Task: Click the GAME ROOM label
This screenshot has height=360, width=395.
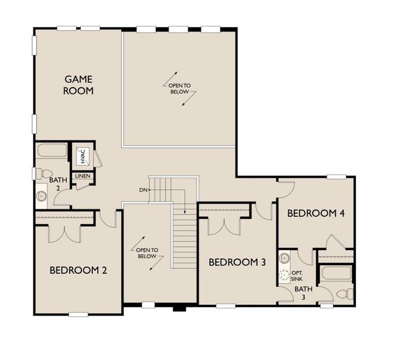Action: (79, 85)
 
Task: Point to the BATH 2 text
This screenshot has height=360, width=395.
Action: (58, 184)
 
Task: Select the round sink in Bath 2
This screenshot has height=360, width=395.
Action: (42, 196)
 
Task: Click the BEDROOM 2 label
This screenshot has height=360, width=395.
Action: (78, 271)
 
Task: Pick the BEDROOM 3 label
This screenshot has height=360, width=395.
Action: (237, 262)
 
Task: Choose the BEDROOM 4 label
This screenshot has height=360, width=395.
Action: (315, 214)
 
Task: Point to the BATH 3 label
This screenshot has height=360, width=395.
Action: (303, 293)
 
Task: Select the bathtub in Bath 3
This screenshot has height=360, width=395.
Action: (337, 274)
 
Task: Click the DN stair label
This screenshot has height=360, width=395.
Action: (143, 190)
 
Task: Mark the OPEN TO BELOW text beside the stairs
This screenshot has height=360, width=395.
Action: (147, 253)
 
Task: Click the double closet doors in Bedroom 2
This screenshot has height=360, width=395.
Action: (64, 233)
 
